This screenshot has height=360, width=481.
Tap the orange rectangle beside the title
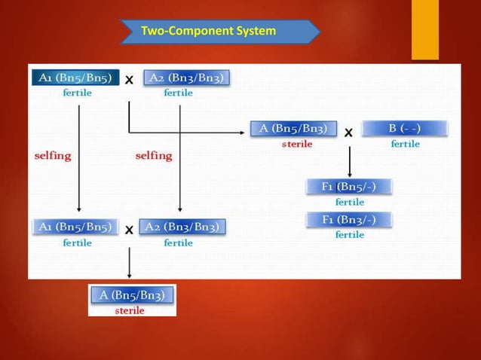(x=424, y=30)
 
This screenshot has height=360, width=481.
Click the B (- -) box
(x=405, y=129)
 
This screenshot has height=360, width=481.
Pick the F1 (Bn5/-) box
(x=349, y=187)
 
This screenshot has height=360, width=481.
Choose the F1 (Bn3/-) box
(x=349, y=219)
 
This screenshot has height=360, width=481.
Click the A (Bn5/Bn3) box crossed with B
(x=293, y=129)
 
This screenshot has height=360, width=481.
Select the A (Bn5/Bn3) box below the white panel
(x=133, y=294)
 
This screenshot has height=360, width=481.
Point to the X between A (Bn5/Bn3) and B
(x=348, y=133)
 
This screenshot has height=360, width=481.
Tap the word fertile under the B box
(x=405, y=144)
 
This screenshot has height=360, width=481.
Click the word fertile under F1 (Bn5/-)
(x=349, y=202)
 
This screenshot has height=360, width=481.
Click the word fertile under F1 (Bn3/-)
(x=349, y=234)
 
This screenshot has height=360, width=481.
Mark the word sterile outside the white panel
(x=130, y=310)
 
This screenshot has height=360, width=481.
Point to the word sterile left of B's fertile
(x=293, y=144)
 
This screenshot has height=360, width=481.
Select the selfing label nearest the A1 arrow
(x=52, y=156)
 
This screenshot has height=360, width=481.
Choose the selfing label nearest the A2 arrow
(x=153, y=156)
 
